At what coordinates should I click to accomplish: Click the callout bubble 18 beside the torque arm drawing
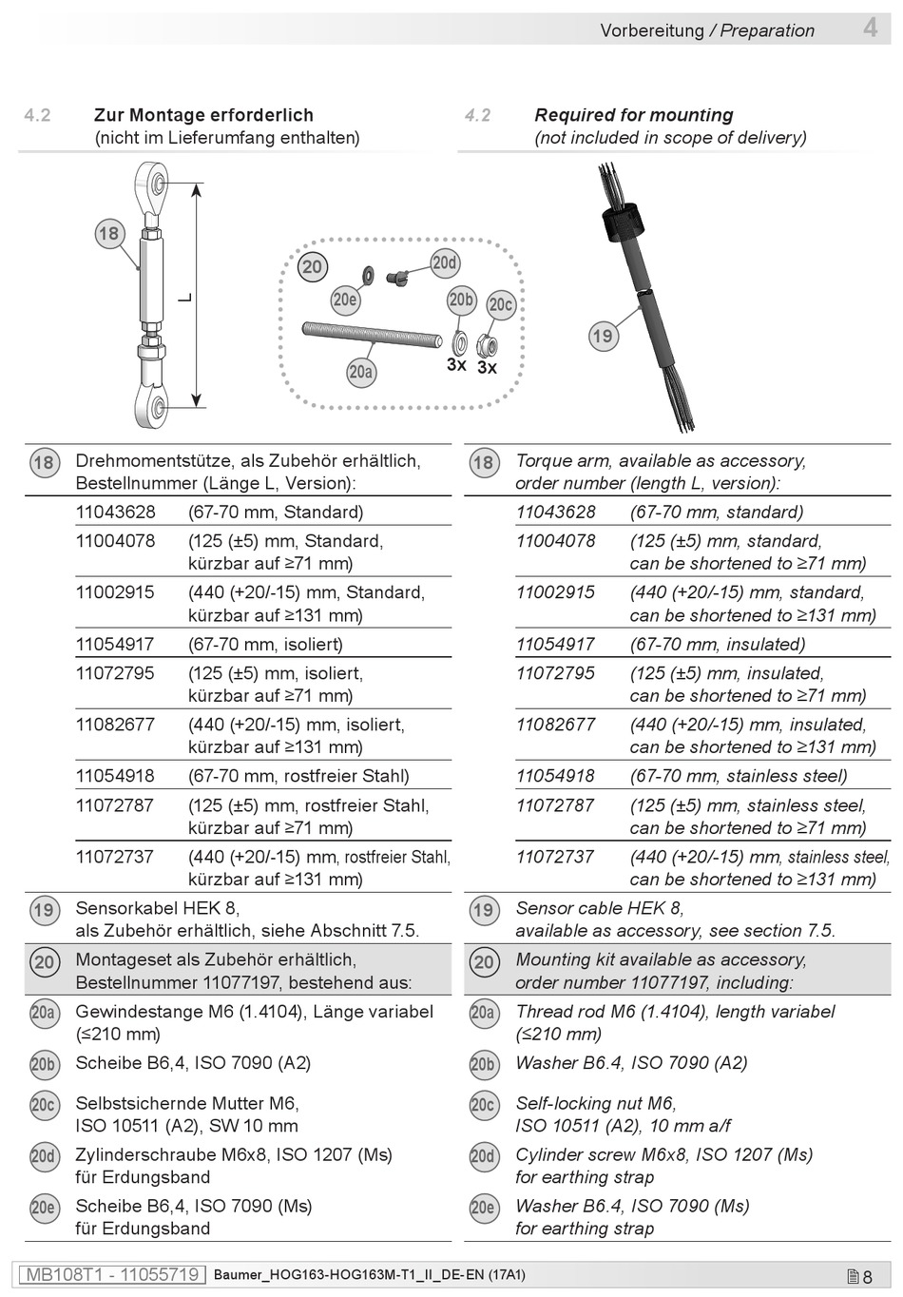point(109,233)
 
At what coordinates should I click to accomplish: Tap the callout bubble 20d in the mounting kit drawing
point(444,262)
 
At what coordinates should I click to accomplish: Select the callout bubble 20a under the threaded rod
point(360,372)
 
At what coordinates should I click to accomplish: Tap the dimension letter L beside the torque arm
point(185,298)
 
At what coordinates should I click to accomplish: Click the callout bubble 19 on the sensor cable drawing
point(603,336)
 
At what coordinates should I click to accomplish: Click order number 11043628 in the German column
point(115,512)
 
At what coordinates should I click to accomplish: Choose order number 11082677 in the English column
point(555,725)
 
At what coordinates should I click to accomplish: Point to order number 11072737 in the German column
point(115,856)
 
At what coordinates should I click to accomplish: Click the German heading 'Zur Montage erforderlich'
point(203,115)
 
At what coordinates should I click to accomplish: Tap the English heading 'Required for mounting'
point(634,115)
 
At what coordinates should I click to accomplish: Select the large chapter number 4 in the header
point(870,28)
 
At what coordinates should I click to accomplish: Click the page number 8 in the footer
point(867,1276)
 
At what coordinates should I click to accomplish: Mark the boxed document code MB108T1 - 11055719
point(112,1274)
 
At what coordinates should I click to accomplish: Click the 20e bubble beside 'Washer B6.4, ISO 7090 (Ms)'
point(483,1208)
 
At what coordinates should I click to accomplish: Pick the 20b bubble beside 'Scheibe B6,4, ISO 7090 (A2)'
point(44,1065)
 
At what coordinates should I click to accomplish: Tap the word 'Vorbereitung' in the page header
point(652,30)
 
